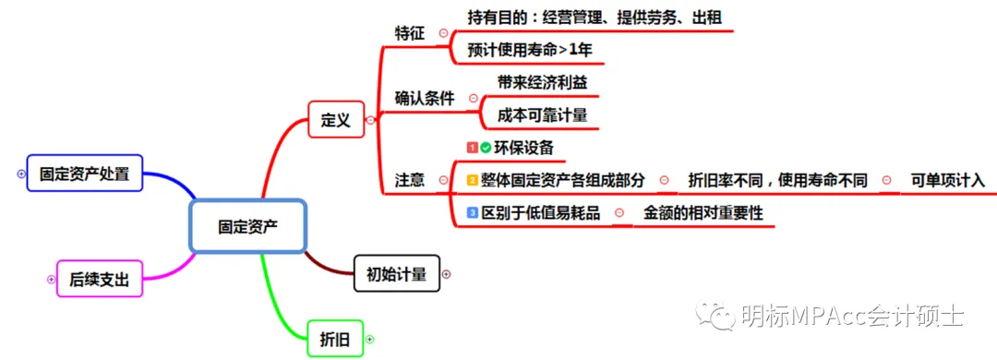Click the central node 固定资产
(x=246, y=226)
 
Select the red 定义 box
(x=335, y=120)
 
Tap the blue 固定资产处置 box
(x=84, y=173)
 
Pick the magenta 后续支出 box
(x=100, y=278)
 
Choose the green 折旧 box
(x=334, y=339)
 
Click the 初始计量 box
(x=396, y=273)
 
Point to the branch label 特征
(x=409, y=32)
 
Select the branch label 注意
(x=409, y=180)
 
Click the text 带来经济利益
(x=542, y=81)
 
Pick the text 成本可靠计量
(x=542, y=115)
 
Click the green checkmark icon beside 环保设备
(x=486, y=147)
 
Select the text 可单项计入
(x=947, y=180)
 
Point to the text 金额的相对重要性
(x=703, y=212)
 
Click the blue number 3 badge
(x=472, y=212)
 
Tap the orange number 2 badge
(x=472, y=180)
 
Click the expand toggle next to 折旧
(x=369, y=339)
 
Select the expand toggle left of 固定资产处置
(x=21, y=173)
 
